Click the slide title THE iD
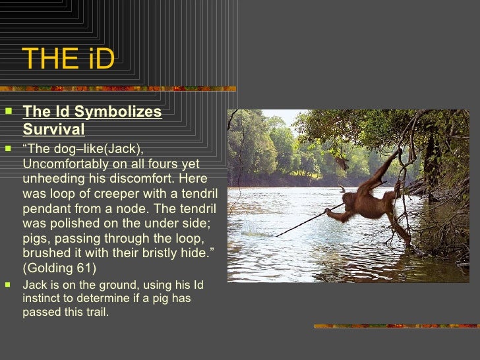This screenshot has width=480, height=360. pos(69,59)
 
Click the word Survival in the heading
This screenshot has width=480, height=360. pos(53,129)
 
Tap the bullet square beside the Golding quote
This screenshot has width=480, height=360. pos(8,148)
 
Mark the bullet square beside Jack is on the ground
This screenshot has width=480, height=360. pos(8,285)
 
